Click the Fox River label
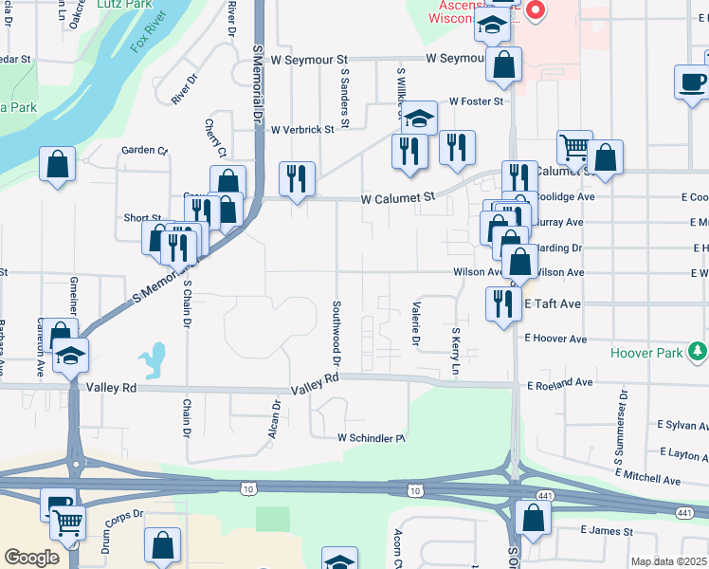[151, 35]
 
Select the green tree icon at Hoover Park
[699, 352]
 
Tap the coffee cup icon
[693, 81]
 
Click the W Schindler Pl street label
[371, 438]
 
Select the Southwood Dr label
[336, 333]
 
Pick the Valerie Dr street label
[415, 322]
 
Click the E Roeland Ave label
[560, 383]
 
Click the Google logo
[30, 558]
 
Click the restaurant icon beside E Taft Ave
[500, 303]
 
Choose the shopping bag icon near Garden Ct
[58, 163]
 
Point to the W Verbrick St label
[302, 130]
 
